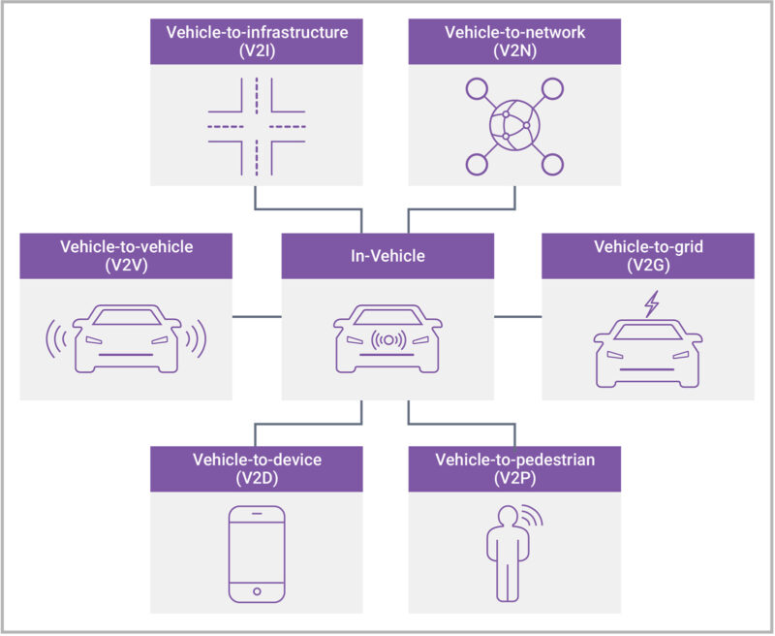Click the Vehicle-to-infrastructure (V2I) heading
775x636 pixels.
[256, 41]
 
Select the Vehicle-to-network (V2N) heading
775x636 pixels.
[514, 41]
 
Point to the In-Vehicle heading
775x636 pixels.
[387, 256]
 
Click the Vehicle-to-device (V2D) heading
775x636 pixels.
[256, 467]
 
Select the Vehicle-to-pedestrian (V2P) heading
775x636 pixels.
[514, 467]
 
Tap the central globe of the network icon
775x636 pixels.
[514, 127]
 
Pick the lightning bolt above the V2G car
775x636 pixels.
[651, 304]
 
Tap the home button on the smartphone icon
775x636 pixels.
[256, 590]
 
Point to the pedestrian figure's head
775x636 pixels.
[505, 514]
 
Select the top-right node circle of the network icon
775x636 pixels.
[552, 90]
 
